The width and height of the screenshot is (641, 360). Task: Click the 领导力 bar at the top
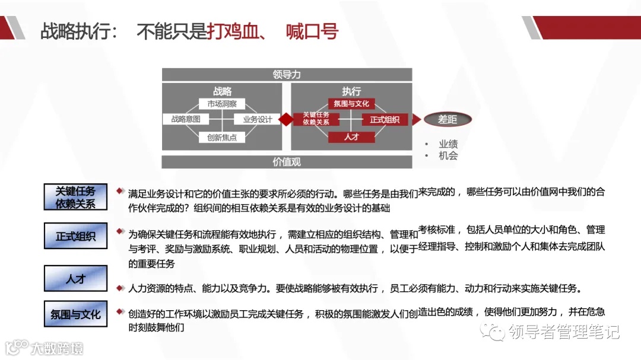pos(287,75)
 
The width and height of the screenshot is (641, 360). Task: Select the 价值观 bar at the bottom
pos(287,161)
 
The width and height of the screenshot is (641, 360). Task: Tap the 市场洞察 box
pos(222,104)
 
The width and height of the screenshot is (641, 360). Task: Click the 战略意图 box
pos(186,119)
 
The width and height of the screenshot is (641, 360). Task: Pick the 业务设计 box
pos(258,119)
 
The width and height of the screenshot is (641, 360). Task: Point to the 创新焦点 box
pos(222,137)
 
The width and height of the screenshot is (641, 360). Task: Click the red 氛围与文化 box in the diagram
pos(351,104)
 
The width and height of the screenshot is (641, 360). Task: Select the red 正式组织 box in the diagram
pos(385,119)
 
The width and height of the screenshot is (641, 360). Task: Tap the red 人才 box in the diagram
pos(351,137)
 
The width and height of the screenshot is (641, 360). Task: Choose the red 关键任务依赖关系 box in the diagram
pos(316,119)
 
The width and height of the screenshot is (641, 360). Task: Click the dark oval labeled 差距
pos(448,119)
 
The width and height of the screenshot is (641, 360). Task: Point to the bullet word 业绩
pos(448,144)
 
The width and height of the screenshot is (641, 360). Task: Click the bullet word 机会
pos(448,155)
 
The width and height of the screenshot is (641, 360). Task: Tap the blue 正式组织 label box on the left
pos(75,236)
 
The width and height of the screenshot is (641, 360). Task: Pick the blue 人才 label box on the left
pos(75,278)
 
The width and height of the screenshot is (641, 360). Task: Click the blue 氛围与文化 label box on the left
pos(75,315)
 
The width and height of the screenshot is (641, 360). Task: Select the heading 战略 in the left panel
pos(222,91)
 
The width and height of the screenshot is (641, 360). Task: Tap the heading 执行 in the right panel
pos(351,91)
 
